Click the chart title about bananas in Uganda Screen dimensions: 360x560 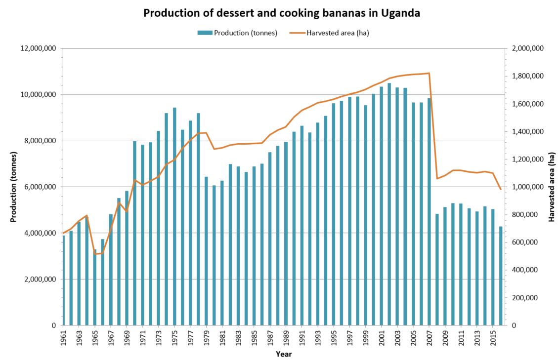[x=282, y=13]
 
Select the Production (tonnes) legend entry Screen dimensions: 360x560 [x=237, y=33]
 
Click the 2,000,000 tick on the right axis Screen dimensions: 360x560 [x=526, y=48]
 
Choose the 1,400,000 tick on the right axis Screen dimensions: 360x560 [x=526, y=131]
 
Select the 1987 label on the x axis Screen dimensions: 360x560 [x=269, y=337]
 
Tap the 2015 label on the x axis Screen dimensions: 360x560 [x=492, y=337]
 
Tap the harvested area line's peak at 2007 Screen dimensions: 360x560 [x=429, y=73]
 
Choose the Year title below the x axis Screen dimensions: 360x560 [x=284, y=354]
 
